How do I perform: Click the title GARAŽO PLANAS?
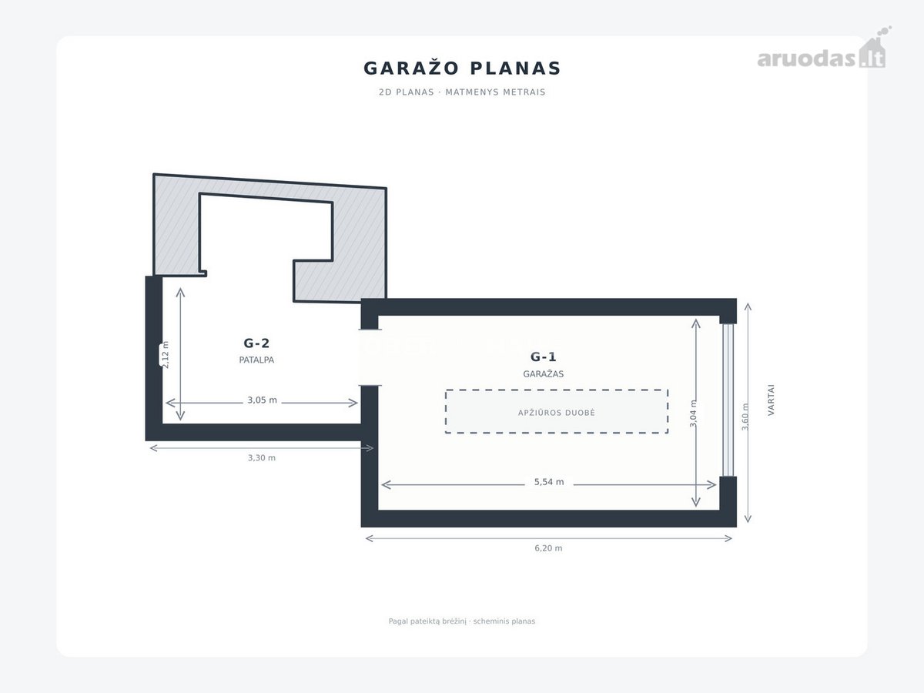[462, 69]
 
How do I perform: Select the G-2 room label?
[256, 343]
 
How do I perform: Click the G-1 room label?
[543, 357]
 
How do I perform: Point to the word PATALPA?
[256, 360]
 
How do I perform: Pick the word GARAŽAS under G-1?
[543, 373]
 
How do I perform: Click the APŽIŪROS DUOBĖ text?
[557, 413]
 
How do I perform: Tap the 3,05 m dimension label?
[262, 400]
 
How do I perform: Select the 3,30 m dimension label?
[261, 458]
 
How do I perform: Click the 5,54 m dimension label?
[549, 482]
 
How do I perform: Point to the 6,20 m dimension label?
[548, 547]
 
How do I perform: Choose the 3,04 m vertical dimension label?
[693, 413]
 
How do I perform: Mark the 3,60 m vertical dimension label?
[745, 417]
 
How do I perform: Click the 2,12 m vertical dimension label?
[166, 355]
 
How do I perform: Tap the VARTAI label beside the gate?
[772, 400]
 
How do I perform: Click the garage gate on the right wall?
[728, 400]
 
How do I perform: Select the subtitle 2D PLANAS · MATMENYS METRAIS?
[462, 92]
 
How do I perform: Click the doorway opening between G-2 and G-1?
[370, 357]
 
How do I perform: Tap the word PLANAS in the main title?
[515, 69]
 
